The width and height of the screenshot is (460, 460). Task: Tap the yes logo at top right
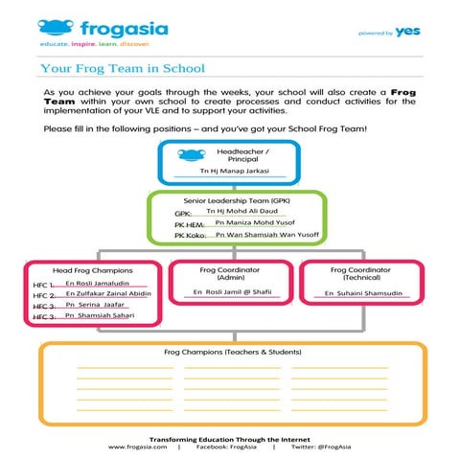pyautogui.click(x=407, y=31)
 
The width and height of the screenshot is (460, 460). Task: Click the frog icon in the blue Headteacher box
pyautogui.click(x=192, y=155)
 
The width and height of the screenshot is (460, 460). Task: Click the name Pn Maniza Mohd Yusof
pyautogui.click(x=250, y=221)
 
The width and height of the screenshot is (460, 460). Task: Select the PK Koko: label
pyautogui.click(x=191, y=235)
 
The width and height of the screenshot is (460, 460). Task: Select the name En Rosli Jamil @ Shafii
pyautogui.click(x=234, y=290)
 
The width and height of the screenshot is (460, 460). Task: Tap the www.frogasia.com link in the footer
pyautogui.click(x=138, y=447)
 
